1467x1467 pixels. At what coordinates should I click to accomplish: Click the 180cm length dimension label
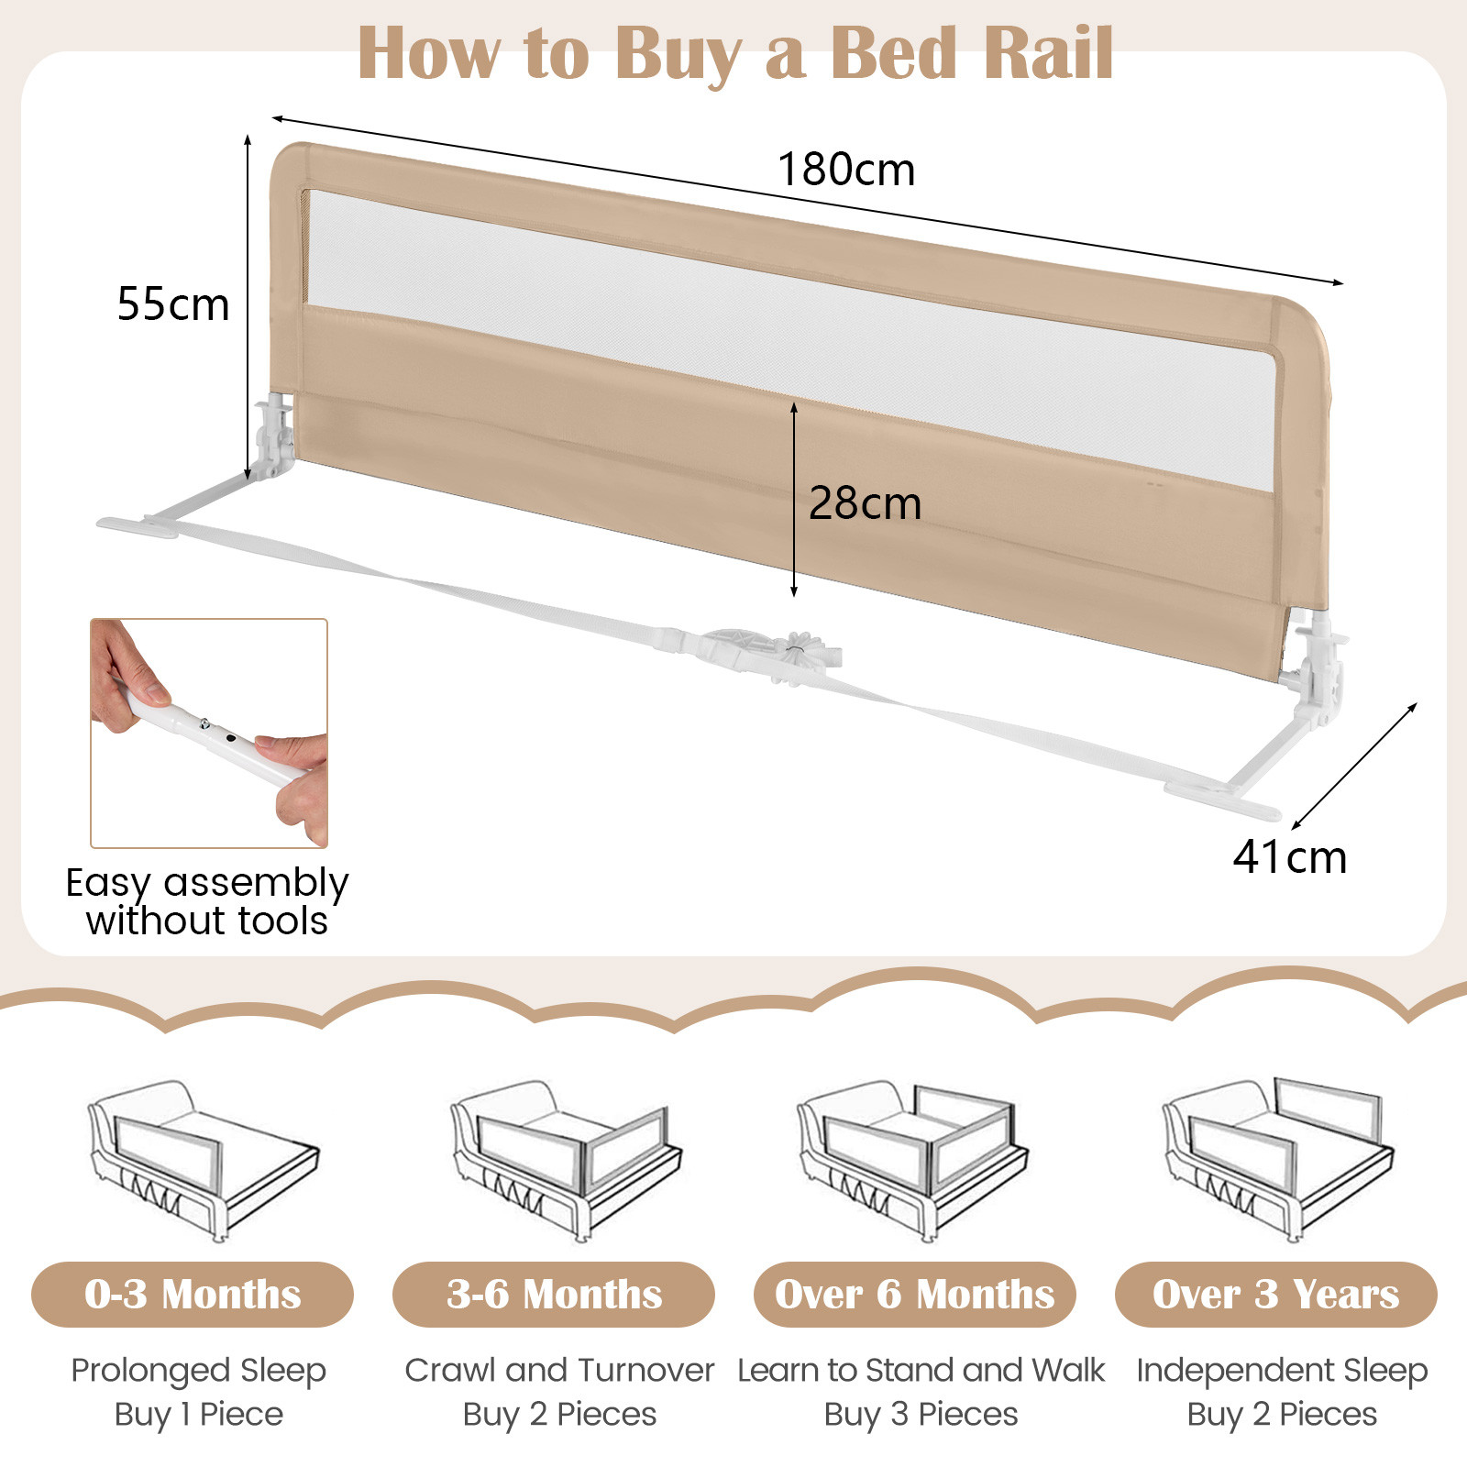846,171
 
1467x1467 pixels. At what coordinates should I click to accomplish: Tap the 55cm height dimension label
173,304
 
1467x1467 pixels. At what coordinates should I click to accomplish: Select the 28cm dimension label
865,503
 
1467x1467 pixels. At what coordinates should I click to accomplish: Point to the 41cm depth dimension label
1289,857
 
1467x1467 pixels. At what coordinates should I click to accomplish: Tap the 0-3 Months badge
193,1294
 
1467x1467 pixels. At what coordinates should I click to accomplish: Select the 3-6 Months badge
554,1294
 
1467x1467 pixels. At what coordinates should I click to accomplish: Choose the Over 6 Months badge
914,1294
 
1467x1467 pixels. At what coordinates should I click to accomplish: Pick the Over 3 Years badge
1275,1294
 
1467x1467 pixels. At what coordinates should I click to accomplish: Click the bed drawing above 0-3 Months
204,1160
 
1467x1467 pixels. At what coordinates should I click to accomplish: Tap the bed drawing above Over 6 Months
913,1160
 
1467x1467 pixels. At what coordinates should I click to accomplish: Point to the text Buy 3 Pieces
921,1414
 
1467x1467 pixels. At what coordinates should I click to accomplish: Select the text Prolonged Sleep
199,1370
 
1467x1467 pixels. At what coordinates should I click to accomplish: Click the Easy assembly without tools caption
207,901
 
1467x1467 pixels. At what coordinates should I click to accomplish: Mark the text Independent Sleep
1282,1370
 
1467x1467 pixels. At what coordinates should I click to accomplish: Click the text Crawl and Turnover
559,1370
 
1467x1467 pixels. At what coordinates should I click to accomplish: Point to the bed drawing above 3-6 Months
566,1160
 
